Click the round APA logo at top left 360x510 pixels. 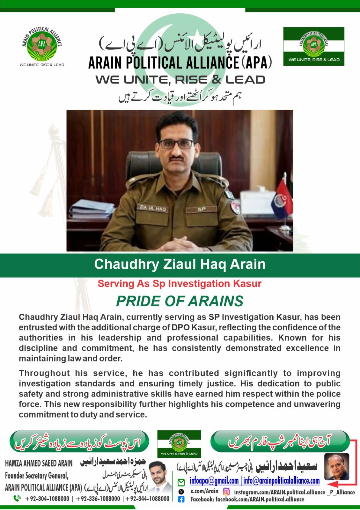pyautogui.click(x=42, y=44)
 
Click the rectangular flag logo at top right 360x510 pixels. pyautogui.click(x=313, y=46)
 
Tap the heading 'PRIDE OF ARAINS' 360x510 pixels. pyautogui.click(x=180, y=301)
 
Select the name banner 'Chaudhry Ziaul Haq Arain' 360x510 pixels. pyautogui.click(x=180, y=264)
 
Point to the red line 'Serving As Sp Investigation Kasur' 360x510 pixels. pyautogui.click(x=180, y=283)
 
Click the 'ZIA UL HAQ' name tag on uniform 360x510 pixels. pyautogui.click(x=152, y=208)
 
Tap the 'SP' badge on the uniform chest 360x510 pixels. pyautogui.click(x=202, y=209)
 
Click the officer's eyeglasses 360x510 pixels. pyautogui.click(x=176, y=144)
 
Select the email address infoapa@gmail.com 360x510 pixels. pyautogui.click(x=214, y=480)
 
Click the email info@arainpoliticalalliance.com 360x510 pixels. pyautogui.click(x=282, y=480)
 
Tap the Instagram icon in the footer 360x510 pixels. pyautogui.click(x=226, y=492)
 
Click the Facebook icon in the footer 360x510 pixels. pyautogui.click(x=181, y=499)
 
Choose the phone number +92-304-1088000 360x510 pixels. pyautogui.click(x=47, y=499)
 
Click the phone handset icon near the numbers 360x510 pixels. pyautogui.click(x=17, y=498)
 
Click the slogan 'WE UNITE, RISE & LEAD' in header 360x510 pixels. pyautogui.click(x=180, y=80)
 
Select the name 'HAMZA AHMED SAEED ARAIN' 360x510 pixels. pyautogui.click(x=39, y=463)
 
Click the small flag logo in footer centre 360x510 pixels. pyautogui.click(x=179, y=444)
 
